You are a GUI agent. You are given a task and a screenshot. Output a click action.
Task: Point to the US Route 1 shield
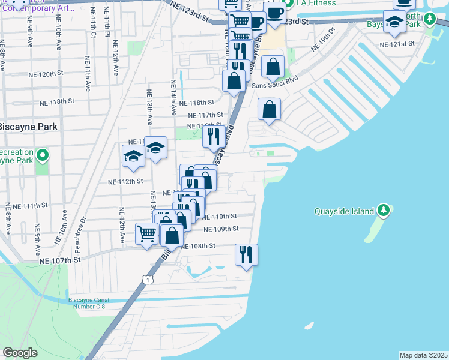[x=147, y=280]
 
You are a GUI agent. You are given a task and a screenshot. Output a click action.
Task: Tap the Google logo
[x=20, y=352]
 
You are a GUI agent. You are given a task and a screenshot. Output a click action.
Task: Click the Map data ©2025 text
[x=423, y=355]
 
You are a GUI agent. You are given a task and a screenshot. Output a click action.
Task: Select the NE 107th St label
[x=59, y=260]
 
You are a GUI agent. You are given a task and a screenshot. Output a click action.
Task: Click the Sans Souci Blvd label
[x=275, y=86]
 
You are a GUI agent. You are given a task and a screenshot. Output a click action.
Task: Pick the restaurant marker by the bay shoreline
[x=246, y=254]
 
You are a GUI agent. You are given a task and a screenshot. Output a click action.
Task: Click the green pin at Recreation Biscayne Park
[x=42, y=157]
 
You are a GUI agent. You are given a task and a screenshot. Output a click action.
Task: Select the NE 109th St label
[x=221, y=229]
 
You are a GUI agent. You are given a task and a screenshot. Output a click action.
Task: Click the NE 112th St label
[x=125, y=181]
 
